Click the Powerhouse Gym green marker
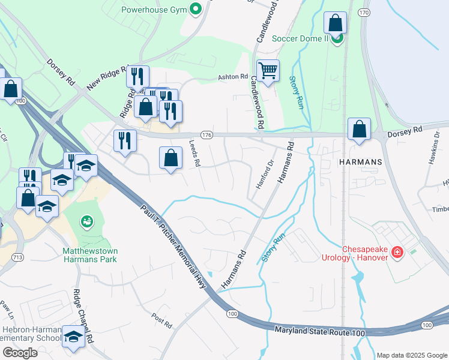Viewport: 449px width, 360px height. (195, 10)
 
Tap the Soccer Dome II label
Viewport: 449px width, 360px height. (300, 38)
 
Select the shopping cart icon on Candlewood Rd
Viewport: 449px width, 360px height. (268, 70)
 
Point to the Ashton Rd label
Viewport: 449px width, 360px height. (232, 77)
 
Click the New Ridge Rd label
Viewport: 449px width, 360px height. (108, 78)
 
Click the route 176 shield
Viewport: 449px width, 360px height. (206, 136)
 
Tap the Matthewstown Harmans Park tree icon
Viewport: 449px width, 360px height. (87, 222)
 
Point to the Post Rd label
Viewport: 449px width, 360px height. (162, 320)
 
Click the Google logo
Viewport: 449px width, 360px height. (20, 353)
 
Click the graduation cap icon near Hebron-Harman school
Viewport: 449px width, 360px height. (74, 337)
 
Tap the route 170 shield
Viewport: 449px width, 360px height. (364, 12)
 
